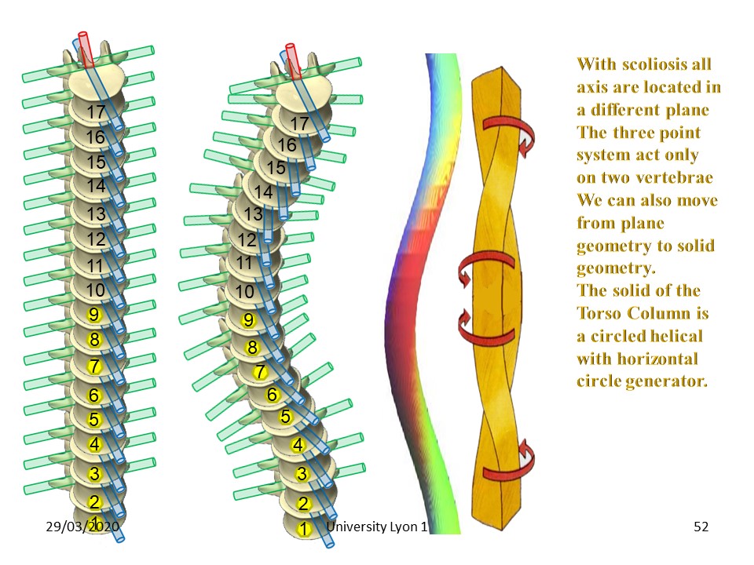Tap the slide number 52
(x=701, y=527)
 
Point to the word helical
(x=670, y=336)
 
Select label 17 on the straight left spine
(x=96, y=112)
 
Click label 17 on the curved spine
(x=299, y=123)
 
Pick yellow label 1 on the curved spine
(x=302, y=529)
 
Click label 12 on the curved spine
(x=247, y=240)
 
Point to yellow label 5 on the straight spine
(x=93, y=419)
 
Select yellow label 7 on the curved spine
(x=260, y=372)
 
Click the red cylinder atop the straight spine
(x=85, y=49)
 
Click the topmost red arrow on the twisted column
(x=511, y=133)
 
